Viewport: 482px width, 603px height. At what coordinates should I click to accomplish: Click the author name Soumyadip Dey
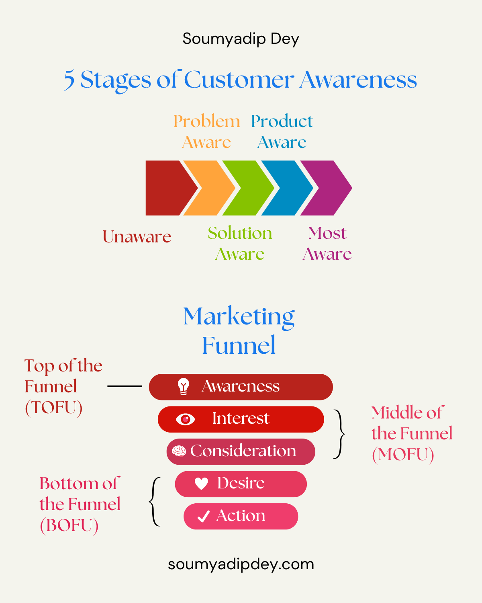[241, 39]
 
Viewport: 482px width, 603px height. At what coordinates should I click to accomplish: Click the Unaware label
[137, 237]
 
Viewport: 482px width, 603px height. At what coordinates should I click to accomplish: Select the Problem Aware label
[206, 132]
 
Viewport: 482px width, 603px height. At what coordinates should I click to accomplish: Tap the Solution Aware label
[240, 244]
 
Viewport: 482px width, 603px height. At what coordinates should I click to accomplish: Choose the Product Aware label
[282, 132]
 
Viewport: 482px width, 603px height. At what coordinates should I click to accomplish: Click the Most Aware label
[327, 244]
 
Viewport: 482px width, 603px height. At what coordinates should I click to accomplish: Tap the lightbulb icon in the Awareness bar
[184, 387]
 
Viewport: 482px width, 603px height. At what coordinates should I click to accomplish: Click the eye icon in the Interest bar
[185, 419]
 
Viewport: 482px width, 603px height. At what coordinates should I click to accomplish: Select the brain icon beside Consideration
[179, 451]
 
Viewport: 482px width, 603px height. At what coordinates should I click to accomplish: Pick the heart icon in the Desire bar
[201, 484]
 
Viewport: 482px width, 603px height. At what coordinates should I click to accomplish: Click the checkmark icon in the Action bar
[204, 516]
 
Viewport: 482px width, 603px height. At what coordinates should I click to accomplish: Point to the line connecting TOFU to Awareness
[125, 386]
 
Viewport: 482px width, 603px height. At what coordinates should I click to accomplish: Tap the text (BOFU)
[69, 525]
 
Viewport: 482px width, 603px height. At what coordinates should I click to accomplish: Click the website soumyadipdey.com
[241, 564]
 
